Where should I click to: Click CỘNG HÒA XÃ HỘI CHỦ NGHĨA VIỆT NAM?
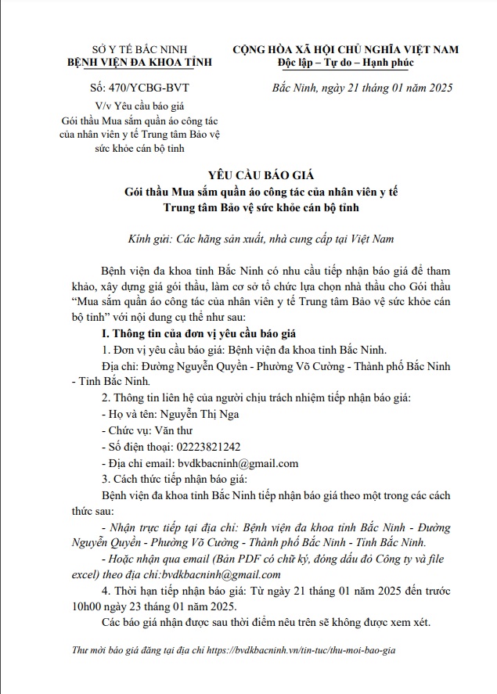click(x=346, y=49)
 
